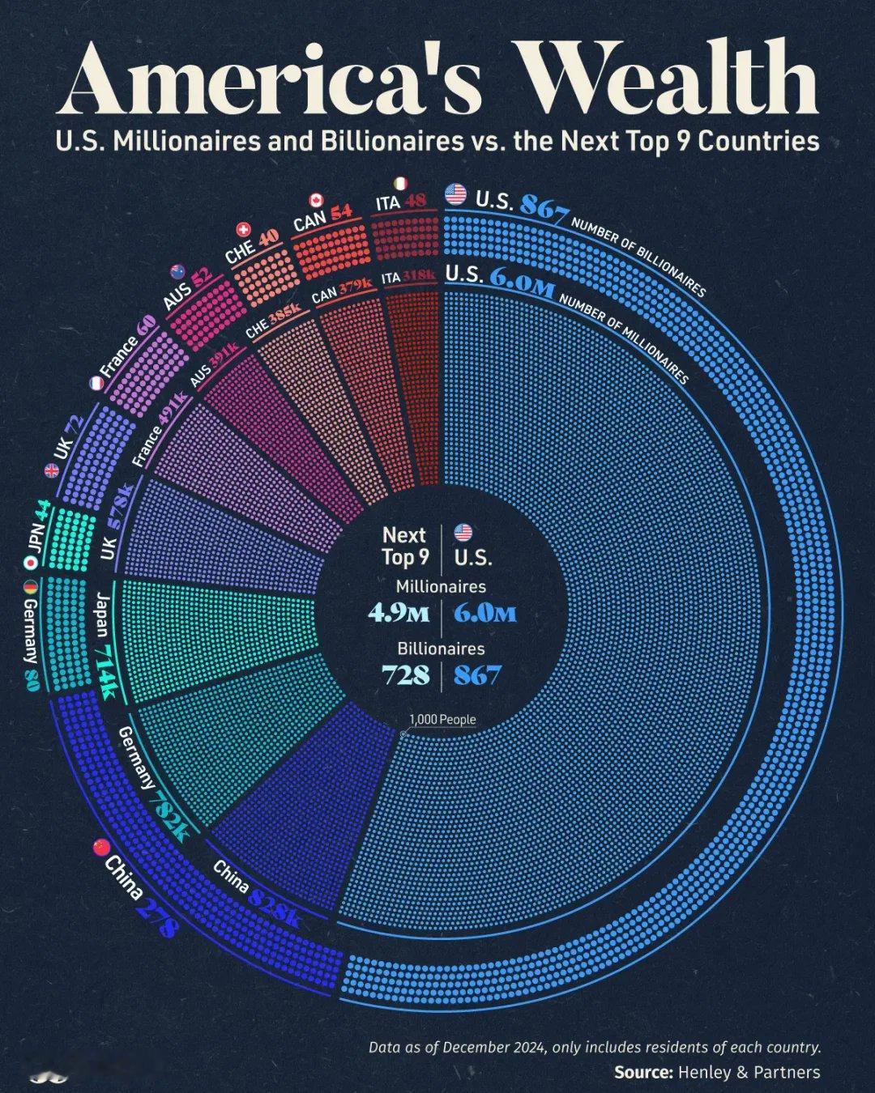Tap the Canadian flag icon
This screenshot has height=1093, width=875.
coord(316,200)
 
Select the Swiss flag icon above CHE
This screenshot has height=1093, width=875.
coord(242,231)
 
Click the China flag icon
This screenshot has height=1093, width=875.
coord(101,847)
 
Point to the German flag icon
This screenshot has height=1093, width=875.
coord(31,587)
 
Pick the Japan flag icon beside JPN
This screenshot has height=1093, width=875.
coord(31,562)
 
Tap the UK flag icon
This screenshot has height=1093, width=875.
coord(53,470)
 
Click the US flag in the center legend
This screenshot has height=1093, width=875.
coord(463,533)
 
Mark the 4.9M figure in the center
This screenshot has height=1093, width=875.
coord(398,613)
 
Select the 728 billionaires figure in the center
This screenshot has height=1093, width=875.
coord(406,674)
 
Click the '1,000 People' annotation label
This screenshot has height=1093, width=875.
coord(442,719)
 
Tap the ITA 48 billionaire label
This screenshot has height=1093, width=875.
coord(400,201)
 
